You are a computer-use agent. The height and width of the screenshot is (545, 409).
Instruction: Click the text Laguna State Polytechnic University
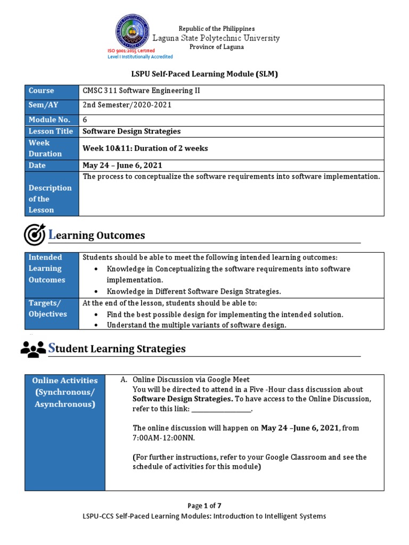[216, 38]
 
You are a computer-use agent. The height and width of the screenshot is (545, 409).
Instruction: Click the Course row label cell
[52, 91]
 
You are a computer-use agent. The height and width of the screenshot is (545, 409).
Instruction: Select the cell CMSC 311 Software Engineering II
[140, 91]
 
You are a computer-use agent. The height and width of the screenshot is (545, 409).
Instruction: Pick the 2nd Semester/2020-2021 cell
[127, 105]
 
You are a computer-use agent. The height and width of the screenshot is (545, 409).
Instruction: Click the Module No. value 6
[85, 120]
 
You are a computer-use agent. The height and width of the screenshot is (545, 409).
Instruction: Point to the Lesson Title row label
[52, 131]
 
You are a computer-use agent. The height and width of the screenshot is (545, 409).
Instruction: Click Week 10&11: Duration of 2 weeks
[145, 148]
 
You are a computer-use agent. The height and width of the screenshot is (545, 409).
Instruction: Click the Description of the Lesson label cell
[52, 199]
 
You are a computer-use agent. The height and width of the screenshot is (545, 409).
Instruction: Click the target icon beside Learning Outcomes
[35, 235]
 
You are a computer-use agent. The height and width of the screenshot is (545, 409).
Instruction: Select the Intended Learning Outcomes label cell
[52, 269]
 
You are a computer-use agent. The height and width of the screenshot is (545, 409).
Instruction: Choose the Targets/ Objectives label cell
[52, 308]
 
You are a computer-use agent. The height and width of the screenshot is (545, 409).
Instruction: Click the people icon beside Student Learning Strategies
[33, 349]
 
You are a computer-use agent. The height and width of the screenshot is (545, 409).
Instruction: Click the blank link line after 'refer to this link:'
[220, 410]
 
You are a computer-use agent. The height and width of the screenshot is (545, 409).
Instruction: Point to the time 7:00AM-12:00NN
[163, 438]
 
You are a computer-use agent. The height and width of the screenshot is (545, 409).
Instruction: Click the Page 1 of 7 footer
[204, 506]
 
